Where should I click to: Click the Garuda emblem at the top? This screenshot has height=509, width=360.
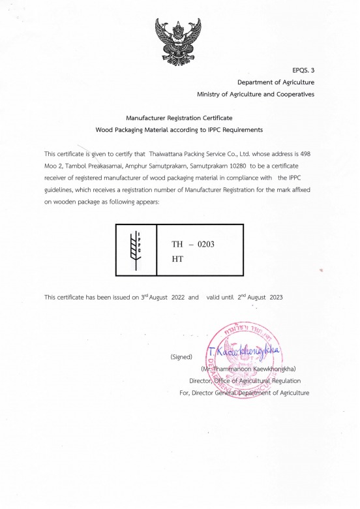tap(179, 40)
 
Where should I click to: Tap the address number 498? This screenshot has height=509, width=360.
tap(308, 154)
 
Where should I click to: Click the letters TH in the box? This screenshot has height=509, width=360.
tap(177, 245)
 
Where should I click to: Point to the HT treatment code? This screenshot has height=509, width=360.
tap(177, 258)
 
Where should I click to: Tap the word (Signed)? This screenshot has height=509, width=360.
tap(180, 357)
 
